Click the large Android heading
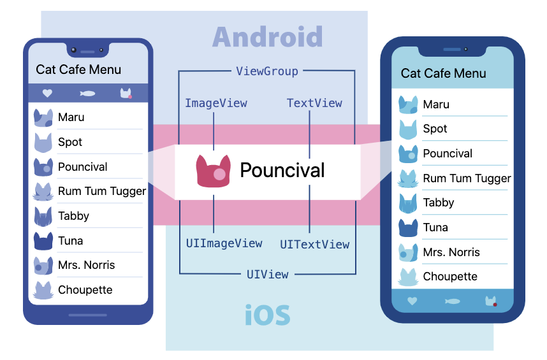(267, 37)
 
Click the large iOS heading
(268, 315)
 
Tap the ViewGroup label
(267, 71)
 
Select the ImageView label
(215, 103)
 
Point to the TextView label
(314, 103)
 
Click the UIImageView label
(224, 243)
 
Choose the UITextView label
(314, 245)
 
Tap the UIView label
(267, 275)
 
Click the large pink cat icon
(213, 171)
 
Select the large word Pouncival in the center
(282, 170)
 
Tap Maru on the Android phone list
(71, 117)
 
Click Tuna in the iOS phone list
(435, 227)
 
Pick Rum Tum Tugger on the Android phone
(101, 191)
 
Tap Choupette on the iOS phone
(450, 277)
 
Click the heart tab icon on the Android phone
(47, 93)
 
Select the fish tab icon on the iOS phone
(451, 301)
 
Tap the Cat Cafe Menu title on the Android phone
(78, 69)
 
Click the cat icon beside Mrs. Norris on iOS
(407, 252)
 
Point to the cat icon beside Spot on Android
(43, 142)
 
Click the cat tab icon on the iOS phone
(490, 301)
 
